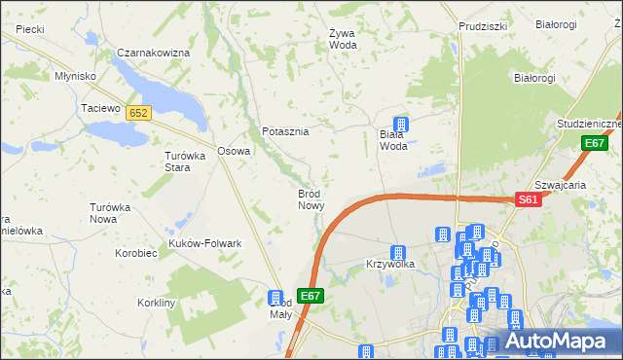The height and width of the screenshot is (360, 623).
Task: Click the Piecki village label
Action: pyautogui.click(x=30, y=29)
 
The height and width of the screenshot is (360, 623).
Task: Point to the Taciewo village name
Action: pyautogui.click(x=99, y=108)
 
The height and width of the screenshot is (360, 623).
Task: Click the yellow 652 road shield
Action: pyautogui.click(x=138, y=113)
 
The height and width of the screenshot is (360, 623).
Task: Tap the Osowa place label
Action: pyautogui.click(x=234, y=151)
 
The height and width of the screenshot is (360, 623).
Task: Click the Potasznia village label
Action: pyautogui.click(x=285, y=131)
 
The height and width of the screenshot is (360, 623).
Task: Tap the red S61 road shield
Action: pyautogui.click(x=528, y=199)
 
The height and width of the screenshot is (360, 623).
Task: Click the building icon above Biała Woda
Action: pyautogui.click(x=399, y=124)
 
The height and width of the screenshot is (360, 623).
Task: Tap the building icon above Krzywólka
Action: pyautogui.click(x=397, y=253)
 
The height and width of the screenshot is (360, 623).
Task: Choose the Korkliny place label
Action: pyautogui.click(x=156, y=304)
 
